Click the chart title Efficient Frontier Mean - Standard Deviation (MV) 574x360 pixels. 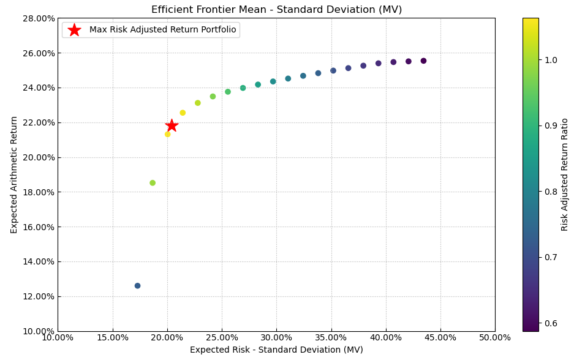tap(276, 10)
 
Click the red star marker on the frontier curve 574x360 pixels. tap(172, 126)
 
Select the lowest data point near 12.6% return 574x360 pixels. tap(137, 286)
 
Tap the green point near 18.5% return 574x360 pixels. tap(153, 183)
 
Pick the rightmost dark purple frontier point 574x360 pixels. tap(423, 61)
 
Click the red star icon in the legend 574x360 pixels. tap(74, 30)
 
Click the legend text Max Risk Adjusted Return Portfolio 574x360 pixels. tap(162, 30)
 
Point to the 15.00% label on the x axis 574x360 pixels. tap(113, 338)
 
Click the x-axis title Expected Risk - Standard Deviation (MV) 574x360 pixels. tap(276, 350)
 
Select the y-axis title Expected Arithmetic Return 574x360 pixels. tap(14, 174)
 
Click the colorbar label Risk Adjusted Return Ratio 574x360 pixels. tap(565, 174)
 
